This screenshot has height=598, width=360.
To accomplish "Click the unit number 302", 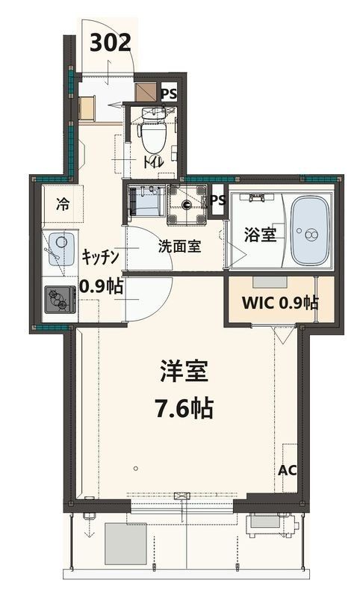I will (x=111, y=42).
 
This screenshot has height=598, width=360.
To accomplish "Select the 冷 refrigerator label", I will (x=65, y=203).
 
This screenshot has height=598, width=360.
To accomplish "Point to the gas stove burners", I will (x=58, y=301).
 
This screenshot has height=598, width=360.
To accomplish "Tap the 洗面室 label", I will (x=179, y=246).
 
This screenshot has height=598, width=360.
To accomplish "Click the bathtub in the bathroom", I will (x=309, y=231).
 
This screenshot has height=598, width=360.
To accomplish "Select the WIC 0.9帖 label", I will (x=279, y=303).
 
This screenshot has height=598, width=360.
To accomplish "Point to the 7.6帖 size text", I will (x=183, y=408).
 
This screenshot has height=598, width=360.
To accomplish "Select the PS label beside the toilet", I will (x=169, y=94).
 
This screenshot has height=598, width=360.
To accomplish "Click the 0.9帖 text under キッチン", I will (x=102, y=286).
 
